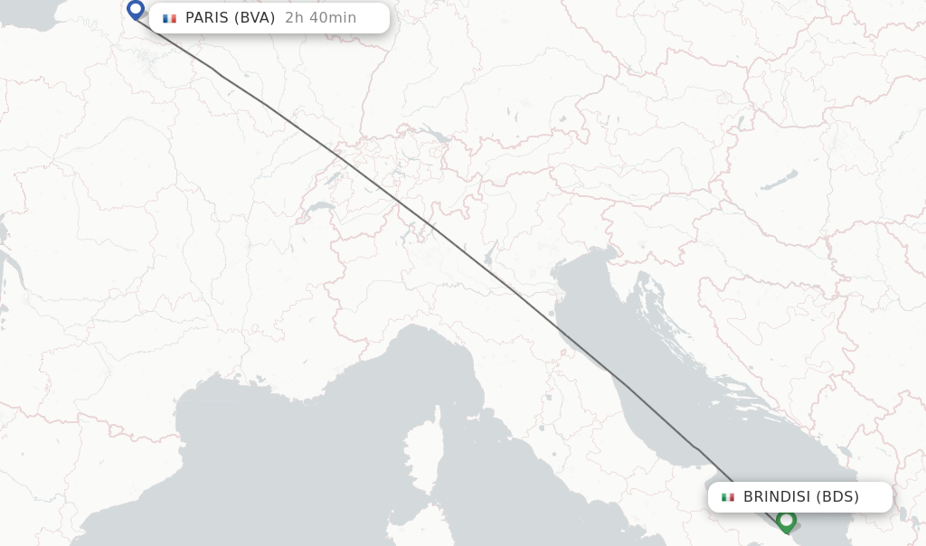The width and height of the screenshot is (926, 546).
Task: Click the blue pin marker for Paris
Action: (136, 10)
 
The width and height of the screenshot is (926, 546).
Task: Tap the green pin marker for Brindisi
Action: (786, 521)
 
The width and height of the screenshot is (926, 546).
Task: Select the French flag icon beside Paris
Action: (169, 18)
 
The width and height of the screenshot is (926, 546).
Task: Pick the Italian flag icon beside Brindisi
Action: (728, 497)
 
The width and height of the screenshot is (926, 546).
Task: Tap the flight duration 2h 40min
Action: (320, 18)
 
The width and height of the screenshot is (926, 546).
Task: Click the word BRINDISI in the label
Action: (776, 497)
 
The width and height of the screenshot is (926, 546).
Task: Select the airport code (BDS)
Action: (837, 497)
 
